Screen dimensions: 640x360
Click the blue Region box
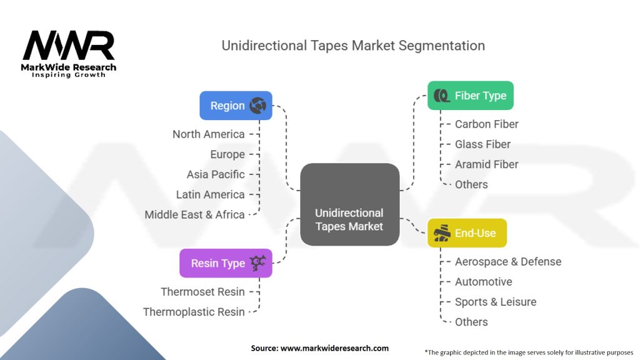(x=236, y=105)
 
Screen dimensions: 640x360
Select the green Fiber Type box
(x=471, y=96)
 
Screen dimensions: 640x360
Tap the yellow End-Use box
(x=467, y=233)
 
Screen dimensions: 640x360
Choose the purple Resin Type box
(x=226, y=263)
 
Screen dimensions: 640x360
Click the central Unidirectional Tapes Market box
(x=350, y=204)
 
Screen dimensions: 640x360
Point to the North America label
(x=209, y=134)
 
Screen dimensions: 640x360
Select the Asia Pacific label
(x=216, y=175)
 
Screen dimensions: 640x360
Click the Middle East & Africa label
(x=195, y=215)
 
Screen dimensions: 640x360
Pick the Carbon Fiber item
(x=486, y=124)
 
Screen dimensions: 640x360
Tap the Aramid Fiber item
(x=486, y=164)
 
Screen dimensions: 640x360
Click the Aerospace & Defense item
(x=508, y=262)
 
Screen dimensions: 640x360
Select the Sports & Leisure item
(x=496, y=302)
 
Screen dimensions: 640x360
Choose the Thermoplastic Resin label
(x=194, y=312)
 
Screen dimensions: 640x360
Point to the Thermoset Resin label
(x=203, y=292)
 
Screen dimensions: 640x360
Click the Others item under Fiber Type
(x=471, y=184)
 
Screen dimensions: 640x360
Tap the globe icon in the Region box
(x=258, y=105)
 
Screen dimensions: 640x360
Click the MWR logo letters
(x=69, y=45)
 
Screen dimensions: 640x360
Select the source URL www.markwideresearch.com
(x=335, y=348)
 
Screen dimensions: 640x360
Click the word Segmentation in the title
(x=442, y=46)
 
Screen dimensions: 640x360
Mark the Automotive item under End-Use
(x=483, y=282)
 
